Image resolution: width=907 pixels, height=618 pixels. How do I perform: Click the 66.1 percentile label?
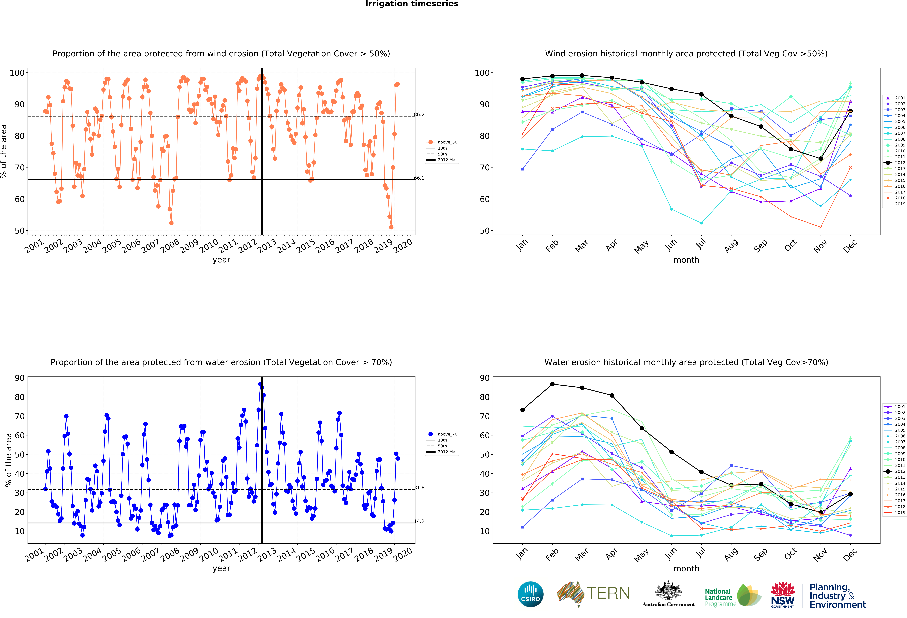(x=419, y=178)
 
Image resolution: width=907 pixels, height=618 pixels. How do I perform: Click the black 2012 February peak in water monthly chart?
(x=552, y=384)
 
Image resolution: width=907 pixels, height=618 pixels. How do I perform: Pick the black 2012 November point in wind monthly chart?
(x=821, y=159)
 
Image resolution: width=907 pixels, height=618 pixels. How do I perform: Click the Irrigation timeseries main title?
(x=412, y=4)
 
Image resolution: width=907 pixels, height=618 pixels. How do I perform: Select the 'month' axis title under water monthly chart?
(x=686, y=568)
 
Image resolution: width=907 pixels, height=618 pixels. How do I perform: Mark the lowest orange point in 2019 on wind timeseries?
(x=391, y=227)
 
